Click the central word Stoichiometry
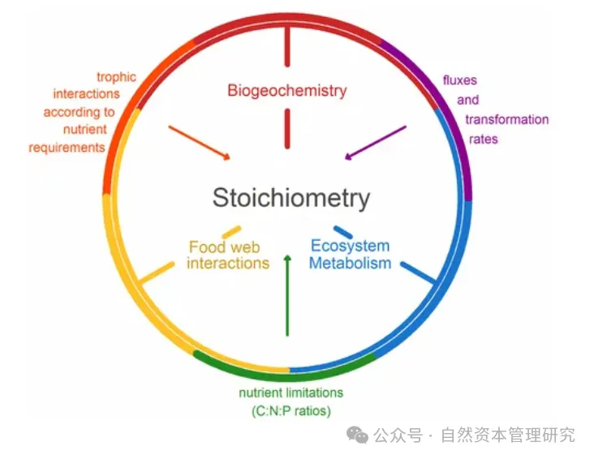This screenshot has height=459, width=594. click(x=291, y=198)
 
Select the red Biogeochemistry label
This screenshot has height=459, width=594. click(x=286, y=90)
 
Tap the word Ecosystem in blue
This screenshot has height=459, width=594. click(x=351, y=246)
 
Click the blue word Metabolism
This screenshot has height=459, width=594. click(x=350, y=263)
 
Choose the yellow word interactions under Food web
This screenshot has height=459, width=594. click(x=228, y=264)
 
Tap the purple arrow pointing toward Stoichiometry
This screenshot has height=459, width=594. click(x=375, y=142)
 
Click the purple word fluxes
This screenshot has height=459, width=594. click(x=459, y=81)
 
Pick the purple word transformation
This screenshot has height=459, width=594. click(x=506, y=120)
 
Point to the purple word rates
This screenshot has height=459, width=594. click(x=484, y=139)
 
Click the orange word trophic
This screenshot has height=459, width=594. click(x=117, y=77)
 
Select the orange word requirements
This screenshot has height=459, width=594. click(x=67, y=148)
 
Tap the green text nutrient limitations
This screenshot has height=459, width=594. click(x=291, y=393)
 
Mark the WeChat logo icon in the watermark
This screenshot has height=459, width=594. click(x=358, y=435)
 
